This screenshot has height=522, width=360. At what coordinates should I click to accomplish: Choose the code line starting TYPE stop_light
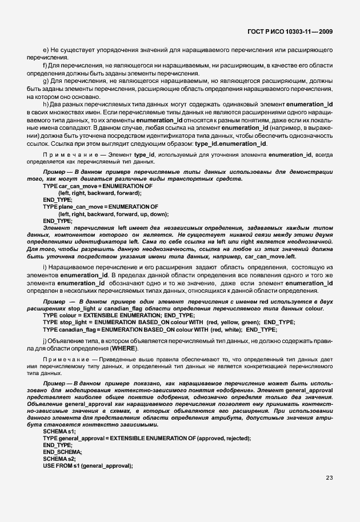[169, 322]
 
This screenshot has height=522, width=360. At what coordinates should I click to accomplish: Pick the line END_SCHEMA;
[63, 452]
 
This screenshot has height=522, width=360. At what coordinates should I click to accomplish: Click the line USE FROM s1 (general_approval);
[88, 465]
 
